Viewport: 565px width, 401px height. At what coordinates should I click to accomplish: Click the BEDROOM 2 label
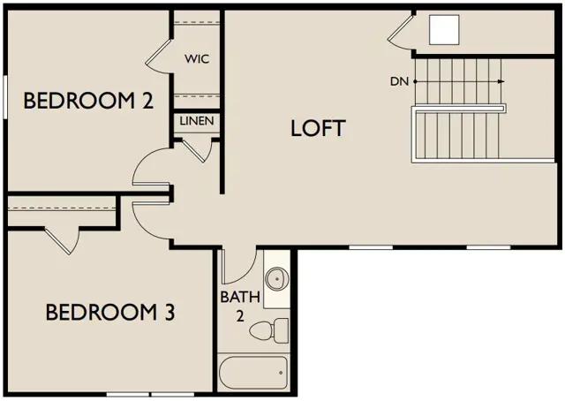[88, 101]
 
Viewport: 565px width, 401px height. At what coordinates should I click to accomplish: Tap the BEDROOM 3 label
[110, 313]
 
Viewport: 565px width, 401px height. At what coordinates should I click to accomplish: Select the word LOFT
[318, 128]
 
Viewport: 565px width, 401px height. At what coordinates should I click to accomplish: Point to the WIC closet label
[197, 59]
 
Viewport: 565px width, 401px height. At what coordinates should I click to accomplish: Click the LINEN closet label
[197, 121]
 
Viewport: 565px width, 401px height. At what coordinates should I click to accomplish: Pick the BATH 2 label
[240, 306]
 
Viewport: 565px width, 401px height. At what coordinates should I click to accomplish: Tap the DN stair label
[400, 81]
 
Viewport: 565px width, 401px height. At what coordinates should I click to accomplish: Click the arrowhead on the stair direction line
[501, 81]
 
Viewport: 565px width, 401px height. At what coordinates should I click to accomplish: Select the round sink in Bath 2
[276, 279]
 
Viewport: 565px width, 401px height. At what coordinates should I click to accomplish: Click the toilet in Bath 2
[268, 330]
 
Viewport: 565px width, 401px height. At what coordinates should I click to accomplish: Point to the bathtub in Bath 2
[253, 373]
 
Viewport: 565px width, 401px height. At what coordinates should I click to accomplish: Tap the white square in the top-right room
[444, 29]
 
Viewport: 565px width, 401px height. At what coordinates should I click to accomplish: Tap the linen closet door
[196, 149]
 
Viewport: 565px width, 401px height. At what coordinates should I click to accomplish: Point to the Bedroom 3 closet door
[62, 241]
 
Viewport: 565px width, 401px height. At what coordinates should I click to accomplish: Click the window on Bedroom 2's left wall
[5, 96]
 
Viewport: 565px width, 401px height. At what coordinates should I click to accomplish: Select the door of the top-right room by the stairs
[399, 31]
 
